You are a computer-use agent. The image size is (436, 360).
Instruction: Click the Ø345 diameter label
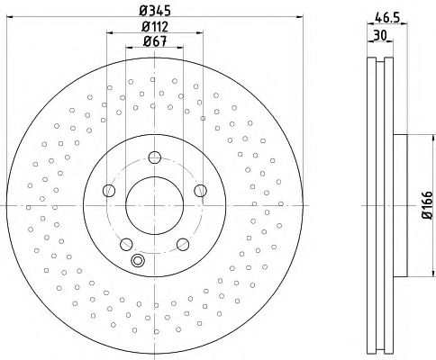(x=155, y=11)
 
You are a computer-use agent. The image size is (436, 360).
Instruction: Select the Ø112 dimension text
(x=155, y=27)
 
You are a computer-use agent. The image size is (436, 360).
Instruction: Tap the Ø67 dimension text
(x=155, y=41)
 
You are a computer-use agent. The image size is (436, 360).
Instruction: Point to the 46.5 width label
(x=387, y=18)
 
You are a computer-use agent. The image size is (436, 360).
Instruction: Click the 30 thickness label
(x=380, y=35)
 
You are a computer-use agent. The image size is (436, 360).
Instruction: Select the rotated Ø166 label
(x=427, y=205)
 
